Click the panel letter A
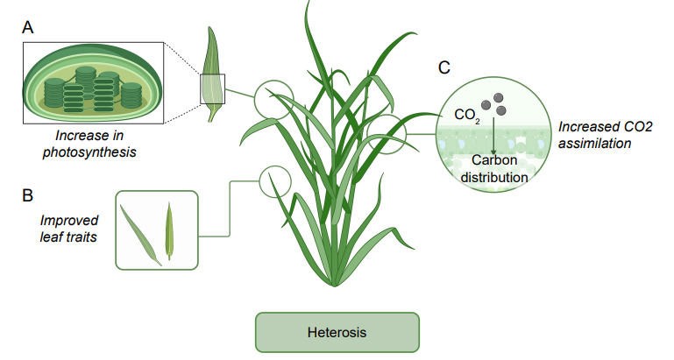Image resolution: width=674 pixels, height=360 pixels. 28,28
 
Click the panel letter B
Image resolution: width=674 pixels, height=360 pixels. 28,194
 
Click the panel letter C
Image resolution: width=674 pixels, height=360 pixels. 444,67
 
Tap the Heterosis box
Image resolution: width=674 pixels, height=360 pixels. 337,333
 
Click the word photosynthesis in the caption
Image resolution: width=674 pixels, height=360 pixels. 97,152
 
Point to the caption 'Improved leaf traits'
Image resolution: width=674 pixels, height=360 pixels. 69,229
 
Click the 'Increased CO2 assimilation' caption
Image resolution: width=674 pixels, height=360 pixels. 606,134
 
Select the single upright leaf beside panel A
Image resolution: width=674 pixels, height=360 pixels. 213,74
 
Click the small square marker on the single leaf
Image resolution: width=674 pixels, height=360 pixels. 213,88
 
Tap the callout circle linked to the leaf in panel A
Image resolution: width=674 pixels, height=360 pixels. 272,100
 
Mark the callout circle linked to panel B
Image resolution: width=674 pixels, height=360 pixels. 274,182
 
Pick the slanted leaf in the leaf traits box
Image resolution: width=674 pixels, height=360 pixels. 141,233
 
